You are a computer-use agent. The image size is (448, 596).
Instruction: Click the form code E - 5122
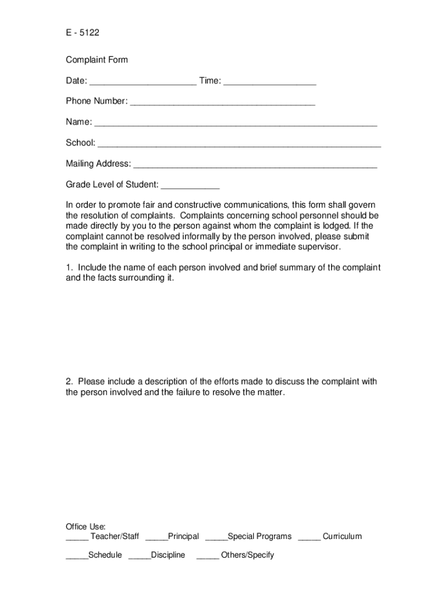click(x=83, y=33)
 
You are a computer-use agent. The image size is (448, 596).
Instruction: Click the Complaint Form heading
click(x=97, y=60)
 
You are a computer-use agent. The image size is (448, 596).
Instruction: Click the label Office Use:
click(x=86, y=526)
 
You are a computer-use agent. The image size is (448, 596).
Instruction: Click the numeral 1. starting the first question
click(x=69, y=268)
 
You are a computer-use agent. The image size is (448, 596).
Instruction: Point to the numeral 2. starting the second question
click(x=69, y=382)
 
